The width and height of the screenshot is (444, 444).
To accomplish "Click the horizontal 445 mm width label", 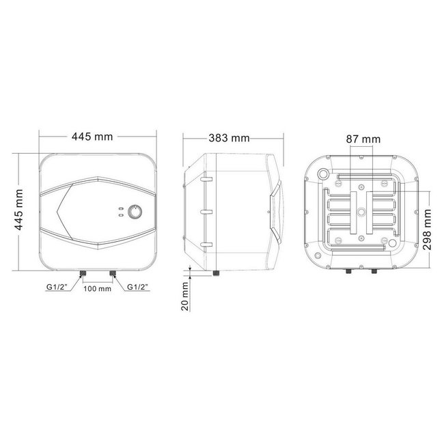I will (x=92, y=137).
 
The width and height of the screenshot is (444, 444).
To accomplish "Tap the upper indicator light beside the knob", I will (x=120, y=208).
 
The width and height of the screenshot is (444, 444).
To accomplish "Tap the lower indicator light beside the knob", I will (x=120, y=215).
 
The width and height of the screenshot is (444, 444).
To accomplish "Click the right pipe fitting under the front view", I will (x=111, y=273).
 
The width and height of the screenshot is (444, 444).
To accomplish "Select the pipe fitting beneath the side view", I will (x=216, y=273).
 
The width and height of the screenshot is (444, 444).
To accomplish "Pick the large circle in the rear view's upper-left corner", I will (x=320, y=175).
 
